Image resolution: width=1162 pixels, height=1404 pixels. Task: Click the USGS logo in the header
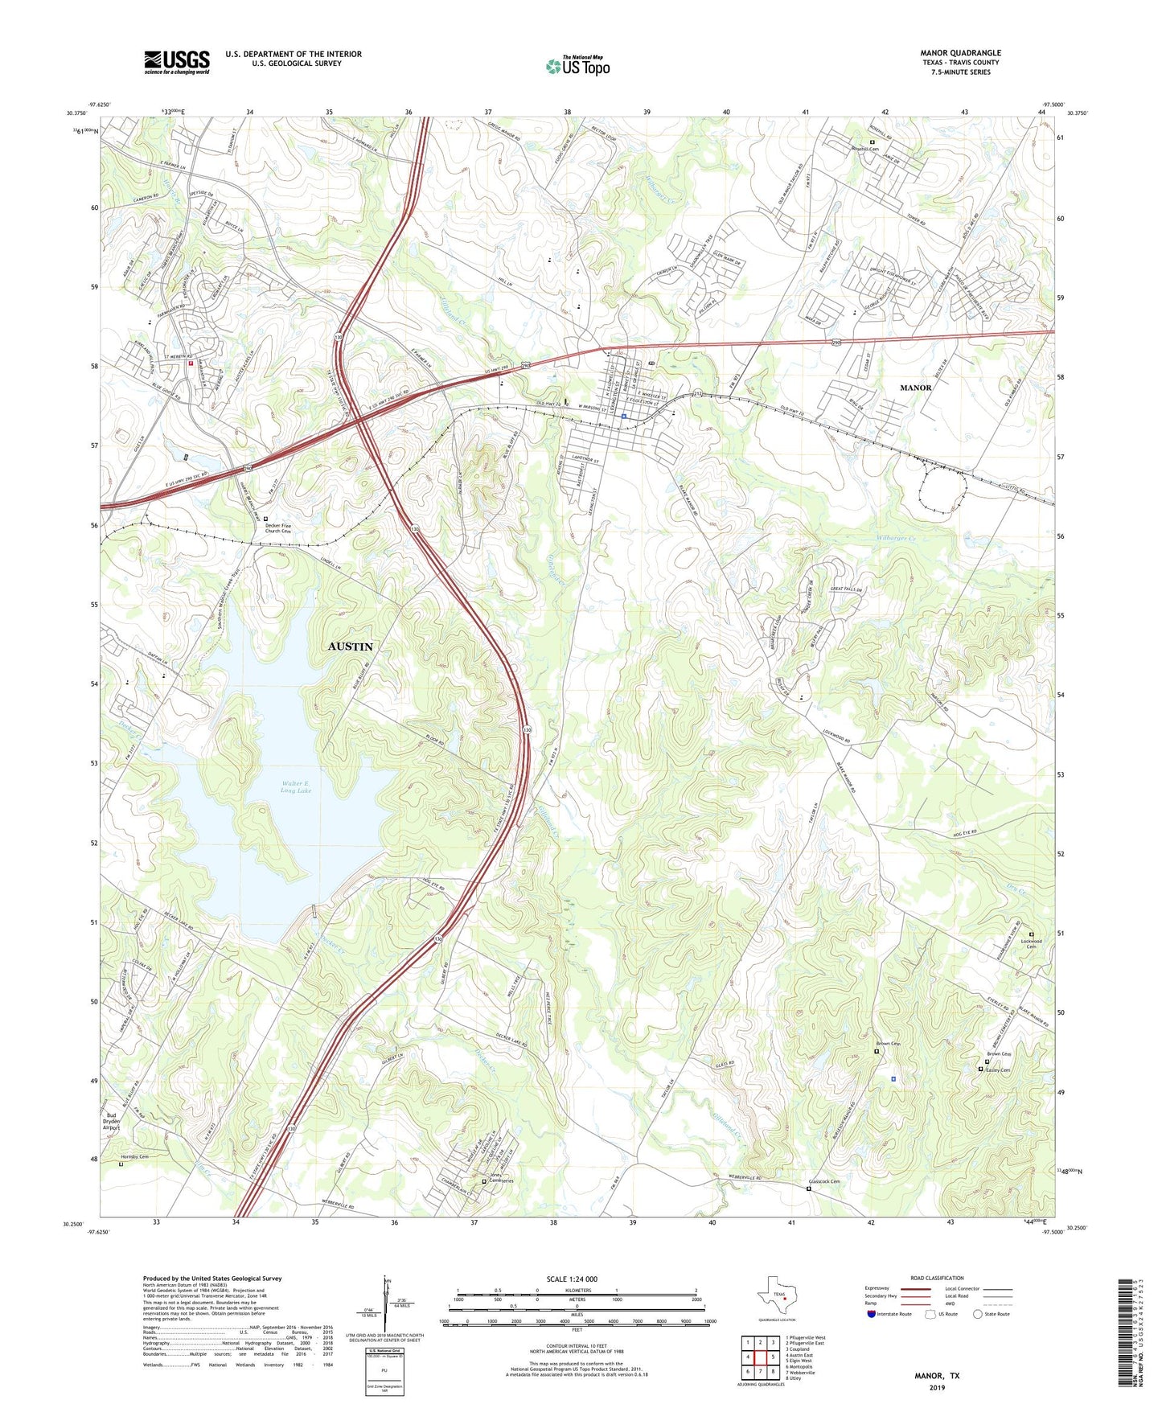(x=177, y=61)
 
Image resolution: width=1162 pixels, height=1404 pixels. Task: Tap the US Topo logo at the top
(x=577, y=66)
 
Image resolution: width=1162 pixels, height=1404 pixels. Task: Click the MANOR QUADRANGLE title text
(x=960, y=53)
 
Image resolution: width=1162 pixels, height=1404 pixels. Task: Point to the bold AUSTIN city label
(x=351, y=647)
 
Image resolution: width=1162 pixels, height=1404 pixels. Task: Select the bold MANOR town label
(x=915, y=388)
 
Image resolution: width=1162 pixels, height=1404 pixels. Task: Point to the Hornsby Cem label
(x=134, y=1157)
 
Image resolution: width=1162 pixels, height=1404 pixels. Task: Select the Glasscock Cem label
(x=823, y=1181)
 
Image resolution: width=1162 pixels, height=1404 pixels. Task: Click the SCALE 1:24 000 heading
(x=572, y=1279)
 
